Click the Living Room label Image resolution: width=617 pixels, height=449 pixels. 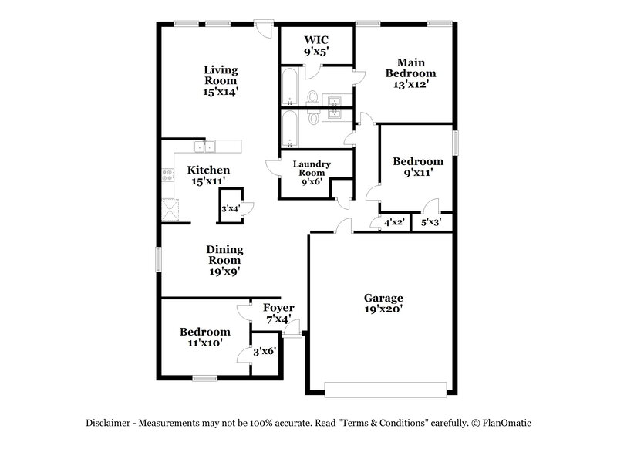(221, 79)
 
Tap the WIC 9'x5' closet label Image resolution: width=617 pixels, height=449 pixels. (316, 44)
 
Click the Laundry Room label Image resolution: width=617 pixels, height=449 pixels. (312, 173)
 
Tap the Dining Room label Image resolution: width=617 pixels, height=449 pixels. (224, 260)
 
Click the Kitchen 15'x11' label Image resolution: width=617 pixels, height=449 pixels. (209, 174)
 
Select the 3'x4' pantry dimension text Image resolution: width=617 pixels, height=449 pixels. (230, 208)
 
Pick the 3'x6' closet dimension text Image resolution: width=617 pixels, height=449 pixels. (266, 352)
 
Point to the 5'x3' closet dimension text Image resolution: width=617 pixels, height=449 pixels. (431, 223)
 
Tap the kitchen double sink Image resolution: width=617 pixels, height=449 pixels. (206, 146)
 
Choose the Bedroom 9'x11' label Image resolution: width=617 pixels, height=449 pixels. (418, 167)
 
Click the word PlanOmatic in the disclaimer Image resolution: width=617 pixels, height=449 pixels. (507, 423)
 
